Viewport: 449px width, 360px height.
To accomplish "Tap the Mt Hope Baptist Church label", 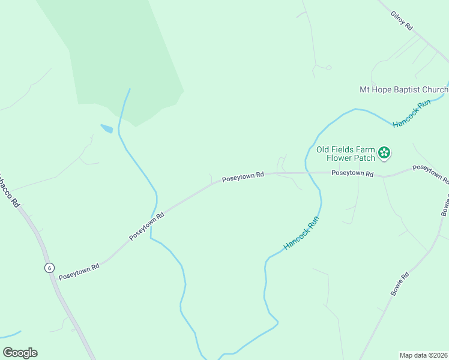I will (403, 90).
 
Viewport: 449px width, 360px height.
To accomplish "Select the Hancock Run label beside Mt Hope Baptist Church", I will (412, 114).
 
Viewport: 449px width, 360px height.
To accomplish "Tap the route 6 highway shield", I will (49, 268).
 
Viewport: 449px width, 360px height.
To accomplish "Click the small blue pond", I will (106, 128).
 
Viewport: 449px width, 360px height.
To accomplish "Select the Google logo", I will (20, 352).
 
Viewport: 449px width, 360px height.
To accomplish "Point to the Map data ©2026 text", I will (423, 355).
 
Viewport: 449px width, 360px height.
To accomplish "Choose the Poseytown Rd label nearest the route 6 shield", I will (79, 271).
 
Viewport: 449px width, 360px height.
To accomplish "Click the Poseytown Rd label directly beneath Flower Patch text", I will (353, 174).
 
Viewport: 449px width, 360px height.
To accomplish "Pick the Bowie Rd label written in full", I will (400, 284).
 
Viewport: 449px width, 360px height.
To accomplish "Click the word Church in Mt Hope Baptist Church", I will (435, 90).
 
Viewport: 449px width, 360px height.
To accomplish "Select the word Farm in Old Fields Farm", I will (367, 149).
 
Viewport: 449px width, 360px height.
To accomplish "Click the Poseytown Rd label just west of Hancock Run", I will (243, 177).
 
